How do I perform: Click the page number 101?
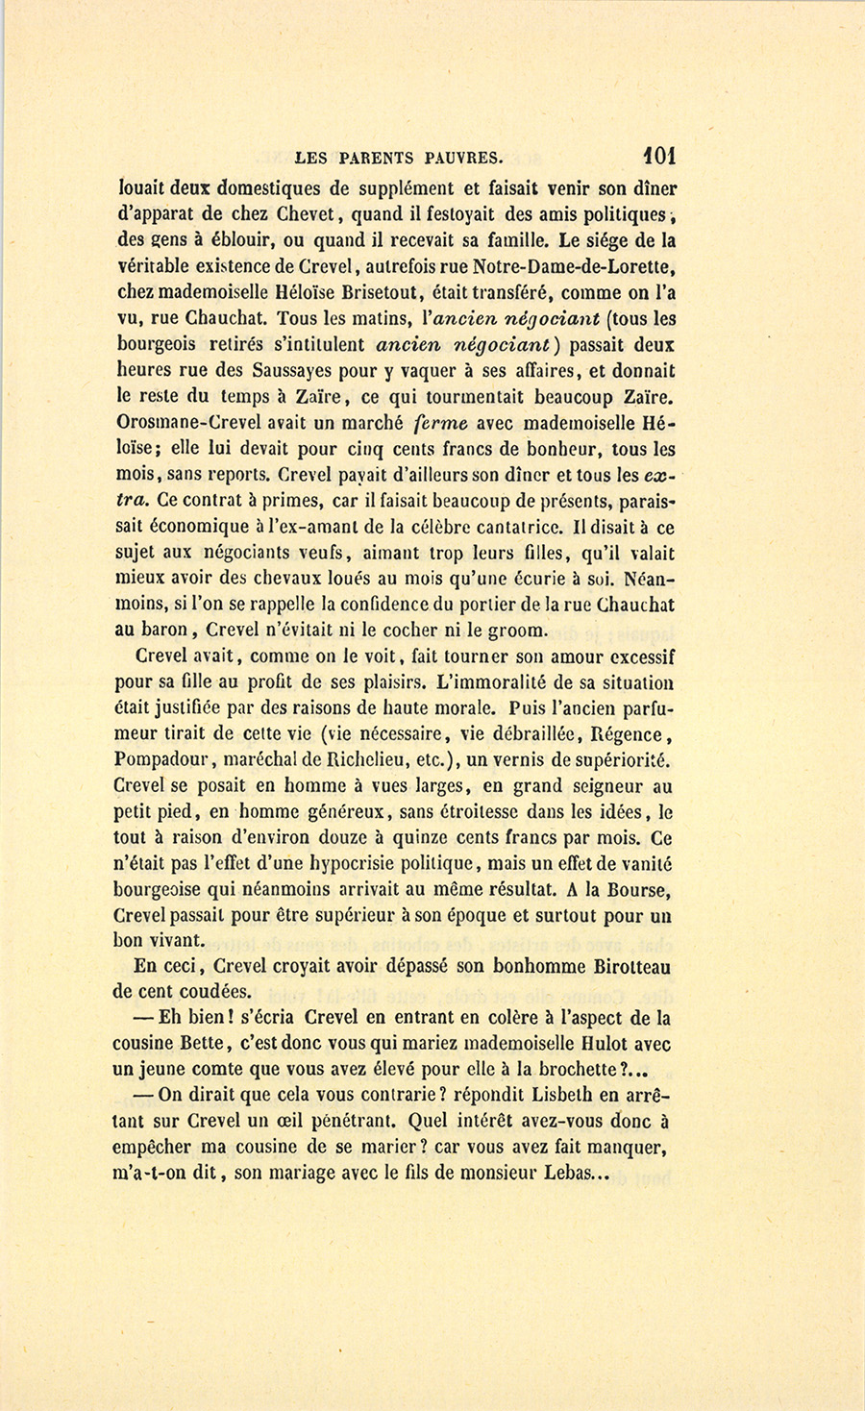point(660,155)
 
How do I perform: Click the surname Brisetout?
point(379,292)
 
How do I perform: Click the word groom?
point(518,631)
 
